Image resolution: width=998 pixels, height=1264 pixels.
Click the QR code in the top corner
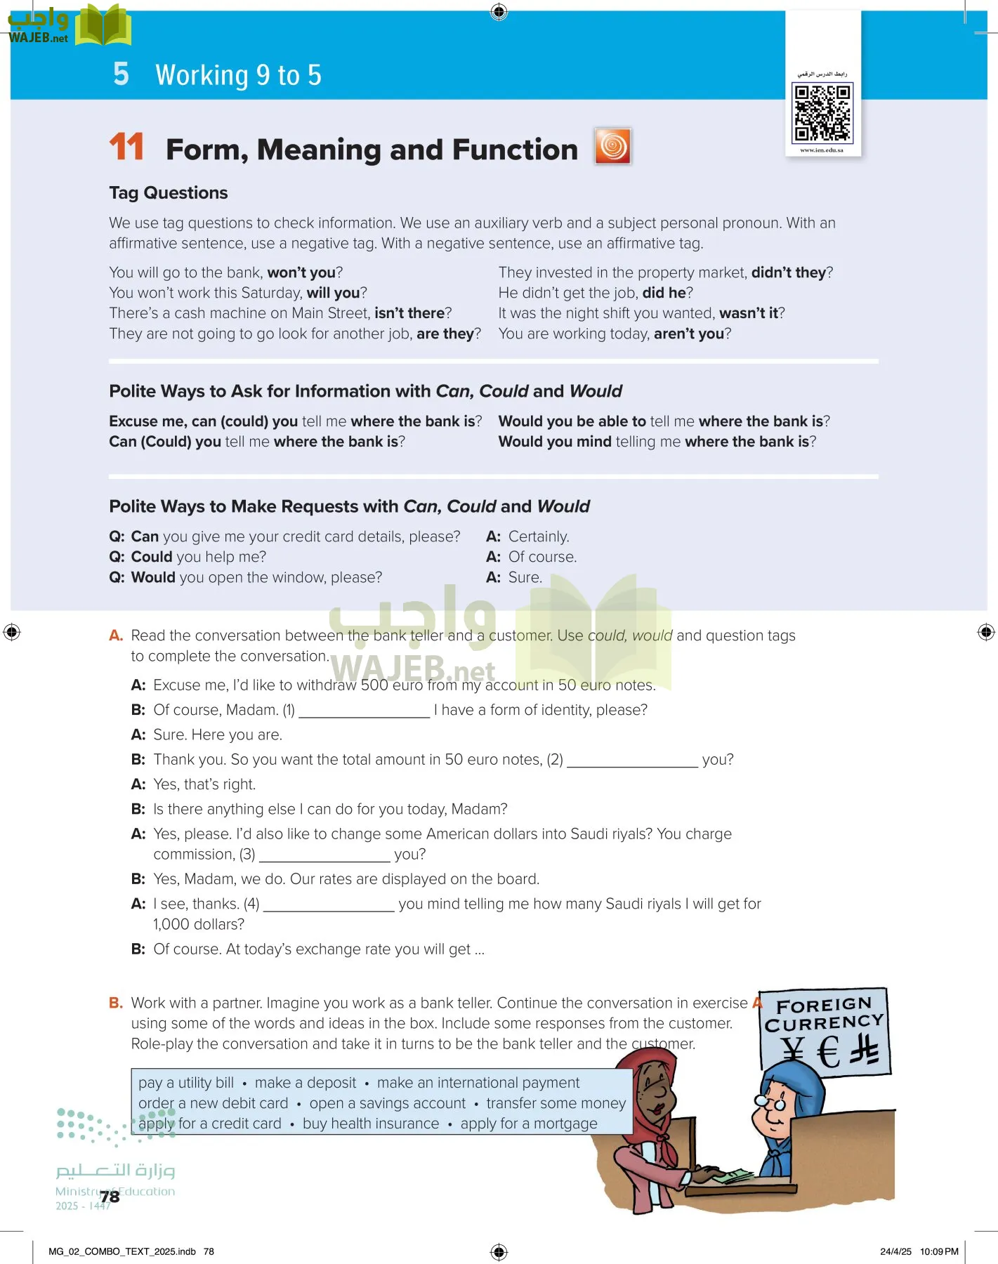[x=822, y=112]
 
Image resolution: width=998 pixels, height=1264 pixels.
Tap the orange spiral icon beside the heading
[x=612, y=146]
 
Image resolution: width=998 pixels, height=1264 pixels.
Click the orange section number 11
[x=126, y=147]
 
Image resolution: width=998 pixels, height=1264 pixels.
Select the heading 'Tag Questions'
[x=169, y=193]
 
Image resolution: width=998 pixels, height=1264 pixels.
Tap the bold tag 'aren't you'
[x=688, y=334]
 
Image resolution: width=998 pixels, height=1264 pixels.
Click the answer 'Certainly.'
[x=539, y=536]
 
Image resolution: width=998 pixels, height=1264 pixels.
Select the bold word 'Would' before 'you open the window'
[x=153, y=577]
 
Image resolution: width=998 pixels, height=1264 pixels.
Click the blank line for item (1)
[x=364, y=711]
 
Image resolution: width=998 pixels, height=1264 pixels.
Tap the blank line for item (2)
[x=632, y=761]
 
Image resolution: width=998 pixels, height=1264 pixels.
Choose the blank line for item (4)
[x=329, y=905]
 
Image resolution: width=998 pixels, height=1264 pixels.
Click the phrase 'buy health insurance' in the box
[x=371, y=1124]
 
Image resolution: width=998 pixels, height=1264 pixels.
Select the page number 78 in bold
[x=110, y=1197]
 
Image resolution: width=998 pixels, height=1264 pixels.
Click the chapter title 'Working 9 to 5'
[x=238, y=75]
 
